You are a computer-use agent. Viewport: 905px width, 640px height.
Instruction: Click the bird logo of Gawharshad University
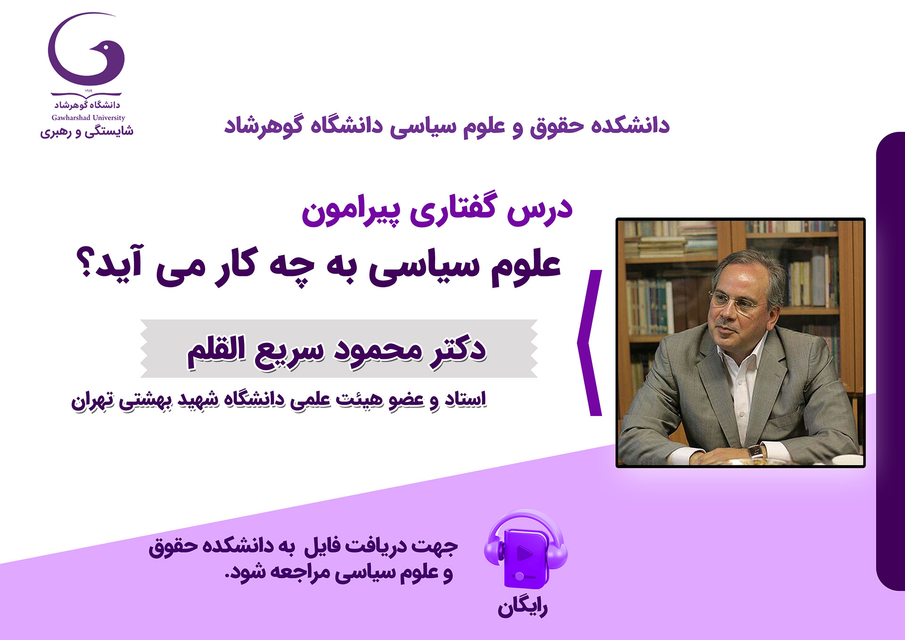[x=86, y=50]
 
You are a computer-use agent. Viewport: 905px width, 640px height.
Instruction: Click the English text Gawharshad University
[x=88, y=118]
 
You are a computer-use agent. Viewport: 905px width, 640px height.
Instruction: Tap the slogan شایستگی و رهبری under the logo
[x=87, y=132]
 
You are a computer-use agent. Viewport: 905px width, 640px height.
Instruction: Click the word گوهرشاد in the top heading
[x=263, y=126]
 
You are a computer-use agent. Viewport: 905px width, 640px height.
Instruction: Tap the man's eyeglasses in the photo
[x=738, y=302]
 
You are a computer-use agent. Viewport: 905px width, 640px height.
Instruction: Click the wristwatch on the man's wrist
[x=756, y=451]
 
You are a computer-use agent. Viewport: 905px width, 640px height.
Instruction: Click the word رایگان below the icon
[x=522, y=608]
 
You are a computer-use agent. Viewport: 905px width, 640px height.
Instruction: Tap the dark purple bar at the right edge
[x=890, y=361]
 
